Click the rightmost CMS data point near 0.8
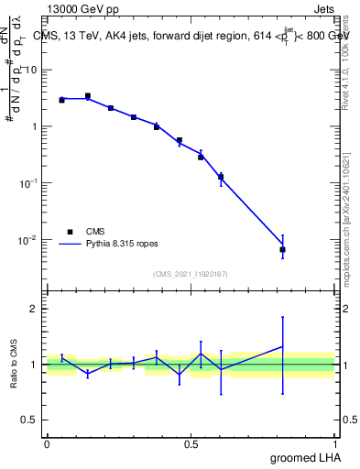pyautogui.click(x=283, y=249)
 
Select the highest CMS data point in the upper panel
pyautogui.click(x=88, y=95)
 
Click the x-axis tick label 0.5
pyautogui.click(x=191, y=443)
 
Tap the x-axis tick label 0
pyautogui.click(x=47, y=443)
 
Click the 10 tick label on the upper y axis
pyautogui.click(x=30, y=70)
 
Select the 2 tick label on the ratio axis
pyautogui.click(x=35, y=310)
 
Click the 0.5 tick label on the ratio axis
pyautogui.click(x=30, y=420)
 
